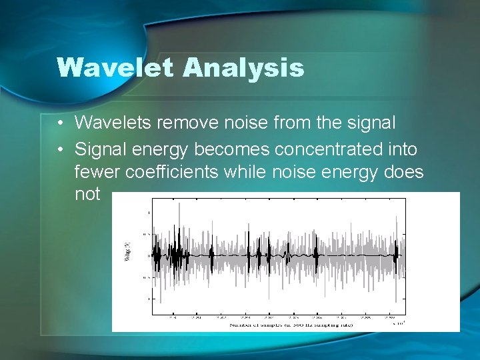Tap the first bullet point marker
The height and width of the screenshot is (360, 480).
point(60,123)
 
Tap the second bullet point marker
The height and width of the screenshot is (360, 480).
point(60,148)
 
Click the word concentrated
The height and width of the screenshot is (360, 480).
point(323,148)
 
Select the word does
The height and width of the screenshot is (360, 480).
point(404,171)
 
